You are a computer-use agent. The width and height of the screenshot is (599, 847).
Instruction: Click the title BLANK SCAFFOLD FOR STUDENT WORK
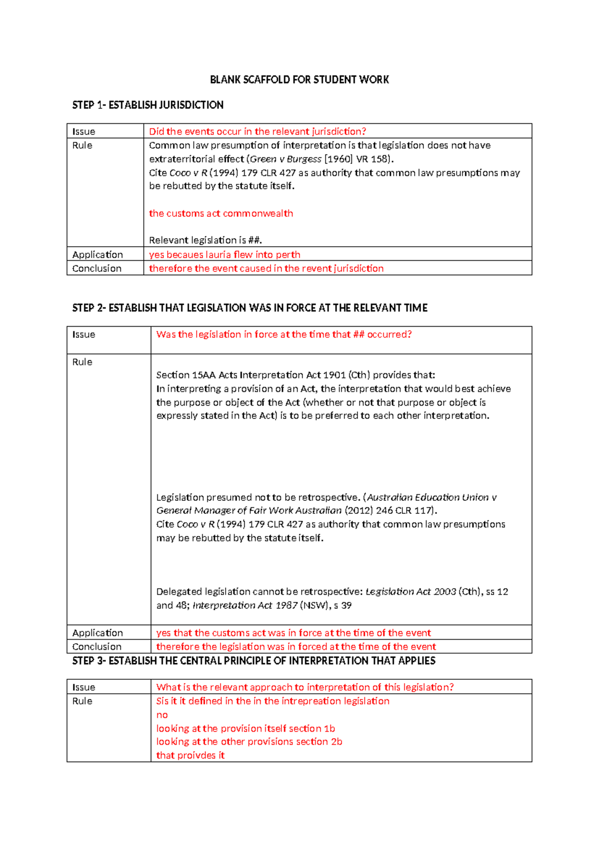tap(299, 80)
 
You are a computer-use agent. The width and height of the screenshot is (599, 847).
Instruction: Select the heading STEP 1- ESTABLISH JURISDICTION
tap(148, 105)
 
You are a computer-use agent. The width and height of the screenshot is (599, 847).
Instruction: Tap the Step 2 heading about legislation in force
tap(250, 308)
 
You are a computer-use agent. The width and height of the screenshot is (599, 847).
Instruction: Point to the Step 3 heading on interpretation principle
tap(254, 661)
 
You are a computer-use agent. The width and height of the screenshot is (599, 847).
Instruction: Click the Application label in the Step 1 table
tap(97, 255)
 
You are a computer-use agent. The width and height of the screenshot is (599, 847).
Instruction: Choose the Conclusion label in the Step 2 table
tap(97, 647)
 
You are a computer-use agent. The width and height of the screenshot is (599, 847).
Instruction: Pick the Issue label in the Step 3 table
tap(83, 688)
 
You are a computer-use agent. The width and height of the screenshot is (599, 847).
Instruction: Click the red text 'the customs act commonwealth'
tap(221, 214)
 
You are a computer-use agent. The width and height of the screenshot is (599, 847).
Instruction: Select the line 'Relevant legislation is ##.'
tap(205, 240)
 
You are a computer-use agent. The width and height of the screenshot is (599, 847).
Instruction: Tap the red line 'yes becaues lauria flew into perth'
tap(225, 255)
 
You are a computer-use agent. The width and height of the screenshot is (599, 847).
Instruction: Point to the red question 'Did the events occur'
tap(258, 132)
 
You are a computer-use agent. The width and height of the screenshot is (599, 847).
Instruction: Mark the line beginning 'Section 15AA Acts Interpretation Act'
tap(296, 375)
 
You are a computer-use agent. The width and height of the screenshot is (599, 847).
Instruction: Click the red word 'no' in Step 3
tap(162, 715)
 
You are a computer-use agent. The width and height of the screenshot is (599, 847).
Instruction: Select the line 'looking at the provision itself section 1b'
tap(246, 729)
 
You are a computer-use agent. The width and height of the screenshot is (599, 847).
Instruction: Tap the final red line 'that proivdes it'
tap(190, 756)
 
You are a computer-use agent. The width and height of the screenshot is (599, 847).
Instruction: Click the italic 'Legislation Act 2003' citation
tap(410, 592)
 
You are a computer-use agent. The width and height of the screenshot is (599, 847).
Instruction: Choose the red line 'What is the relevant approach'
tap(305, 688)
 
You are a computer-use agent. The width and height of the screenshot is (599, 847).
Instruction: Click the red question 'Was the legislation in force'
tap(284, 335)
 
